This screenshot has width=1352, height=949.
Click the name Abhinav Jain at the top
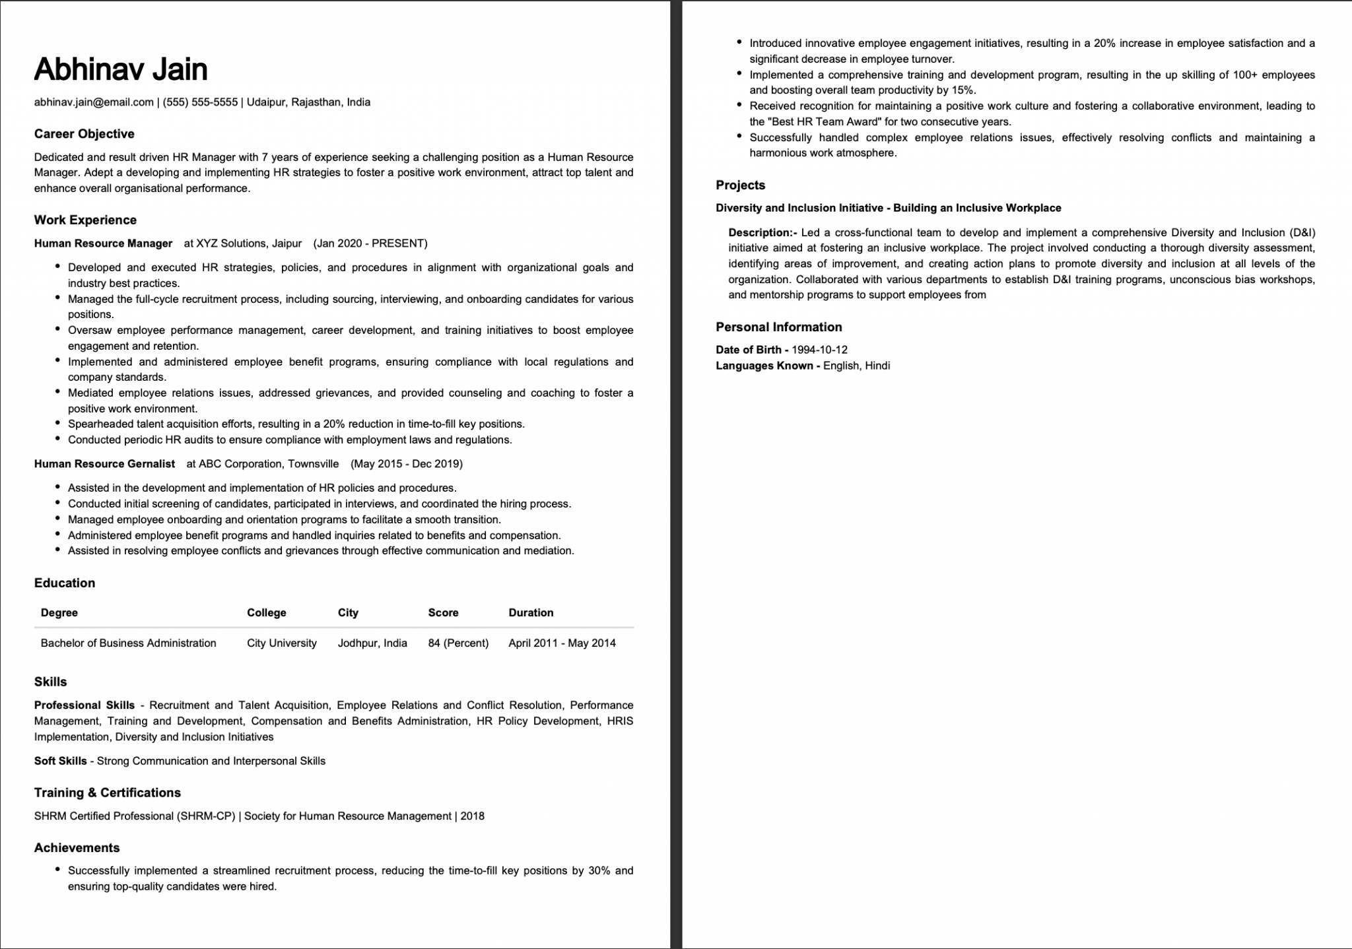click(x=121, y=69)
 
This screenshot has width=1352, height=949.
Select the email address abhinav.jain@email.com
click(x=94, y=102)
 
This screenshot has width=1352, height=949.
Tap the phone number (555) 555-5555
click(x=200, y=102)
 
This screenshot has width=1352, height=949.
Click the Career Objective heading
click(x=84, y=134)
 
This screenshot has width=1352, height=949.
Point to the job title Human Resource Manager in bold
click(x=103, y=244)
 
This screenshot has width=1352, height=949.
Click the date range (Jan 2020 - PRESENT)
click(x=370, y=244)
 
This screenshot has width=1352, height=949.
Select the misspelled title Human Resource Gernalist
click(x=104, y=464)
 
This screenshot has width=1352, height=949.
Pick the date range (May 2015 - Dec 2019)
click(x=407, y=464)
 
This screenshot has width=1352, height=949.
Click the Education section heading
click(x=65, y=583)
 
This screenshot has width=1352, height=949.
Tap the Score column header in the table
click(x=443, y=612)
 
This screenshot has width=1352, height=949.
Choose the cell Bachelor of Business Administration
click(x=128, y=643)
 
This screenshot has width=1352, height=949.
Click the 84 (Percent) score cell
click(x=458, y=643)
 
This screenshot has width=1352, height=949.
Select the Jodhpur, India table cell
click(x=372, y=643)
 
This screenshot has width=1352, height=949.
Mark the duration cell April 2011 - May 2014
click(x=562, y=643)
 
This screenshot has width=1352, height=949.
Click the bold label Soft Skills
click(x=60, y=761)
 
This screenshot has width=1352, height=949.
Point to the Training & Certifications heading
click(x=107, y=793)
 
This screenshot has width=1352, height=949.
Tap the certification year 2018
click(x=473, y=816)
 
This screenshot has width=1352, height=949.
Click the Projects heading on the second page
click(x=740, y=185)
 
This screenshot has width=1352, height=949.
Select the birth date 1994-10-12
click(x=819, y=350)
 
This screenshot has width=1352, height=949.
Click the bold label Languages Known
click(x=764, y=366)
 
